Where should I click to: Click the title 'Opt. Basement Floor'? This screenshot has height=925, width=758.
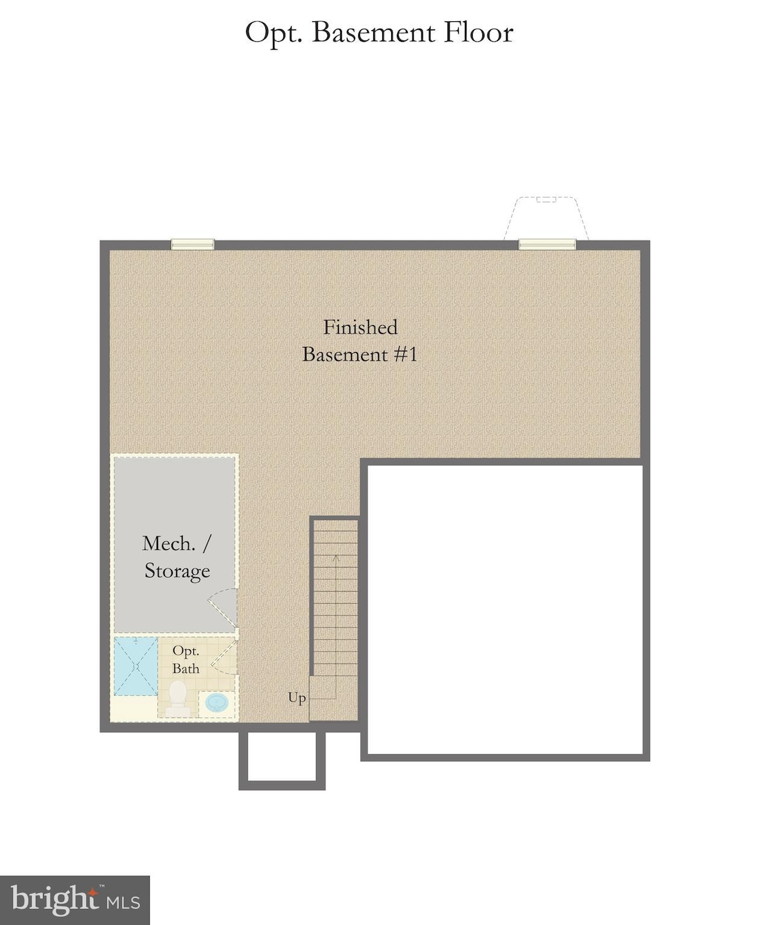pos(379,33)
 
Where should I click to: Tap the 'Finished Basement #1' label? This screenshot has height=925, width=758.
pos(360,341)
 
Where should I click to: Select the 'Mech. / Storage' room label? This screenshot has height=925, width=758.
pos(177,557)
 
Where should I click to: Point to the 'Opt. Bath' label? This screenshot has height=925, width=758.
pos(186,660)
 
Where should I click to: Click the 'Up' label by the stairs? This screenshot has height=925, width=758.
pos(297,698)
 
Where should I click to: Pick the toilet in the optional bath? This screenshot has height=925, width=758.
pos(177,698)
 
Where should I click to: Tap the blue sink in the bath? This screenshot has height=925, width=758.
pos(216,703)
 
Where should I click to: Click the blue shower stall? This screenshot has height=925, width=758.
pos(136,666)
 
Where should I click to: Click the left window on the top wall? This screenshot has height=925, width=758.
pos(192,244)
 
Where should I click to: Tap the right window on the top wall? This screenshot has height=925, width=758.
pos(547,244)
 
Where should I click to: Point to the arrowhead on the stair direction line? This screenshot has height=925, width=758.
pos(335,558)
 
